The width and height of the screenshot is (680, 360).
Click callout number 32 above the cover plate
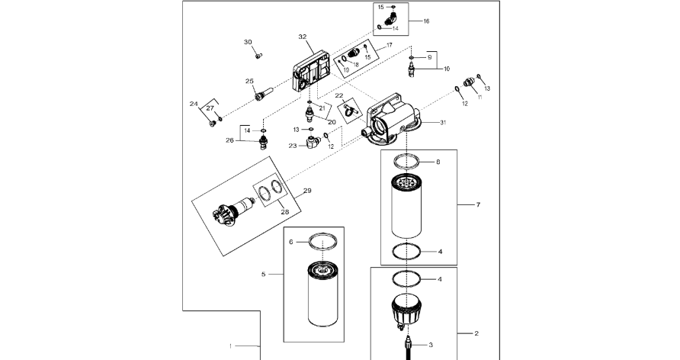[303, 37]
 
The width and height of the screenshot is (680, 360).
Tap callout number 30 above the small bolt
[248, 42]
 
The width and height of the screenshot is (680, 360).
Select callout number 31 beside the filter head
[443, 123]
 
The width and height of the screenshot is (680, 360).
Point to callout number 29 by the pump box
[307, 191]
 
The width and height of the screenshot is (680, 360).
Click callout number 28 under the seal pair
[284, 212]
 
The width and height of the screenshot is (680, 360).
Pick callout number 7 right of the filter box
[478, 204]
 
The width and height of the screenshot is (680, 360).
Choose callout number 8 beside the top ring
[438, 162]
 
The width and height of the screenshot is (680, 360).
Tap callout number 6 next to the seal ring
[291, 242]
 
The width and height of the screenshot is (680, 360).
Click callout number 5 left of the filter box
[263, 274]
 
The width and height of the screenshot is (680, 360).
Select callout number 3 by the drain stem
[431, 345]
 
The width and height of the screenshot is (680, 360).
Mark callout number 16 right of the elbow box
[426, 21]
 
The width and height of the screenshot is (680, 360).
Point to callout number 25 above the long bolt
[249, 81]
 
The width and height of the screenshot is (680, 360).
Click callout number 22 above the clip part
[339, 95]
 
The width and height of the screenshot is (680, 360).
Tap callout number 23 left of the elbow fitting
[293, 146]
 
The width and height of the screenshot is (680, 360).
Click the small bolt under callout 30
[258, 56]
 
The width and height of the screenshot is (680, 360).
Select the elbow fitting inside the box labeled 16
[390, 18]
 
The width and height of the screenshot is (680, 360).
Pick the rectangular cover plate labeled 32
[313, 72]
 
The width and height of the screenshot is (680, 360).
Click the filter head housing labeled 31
[390, 118]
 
